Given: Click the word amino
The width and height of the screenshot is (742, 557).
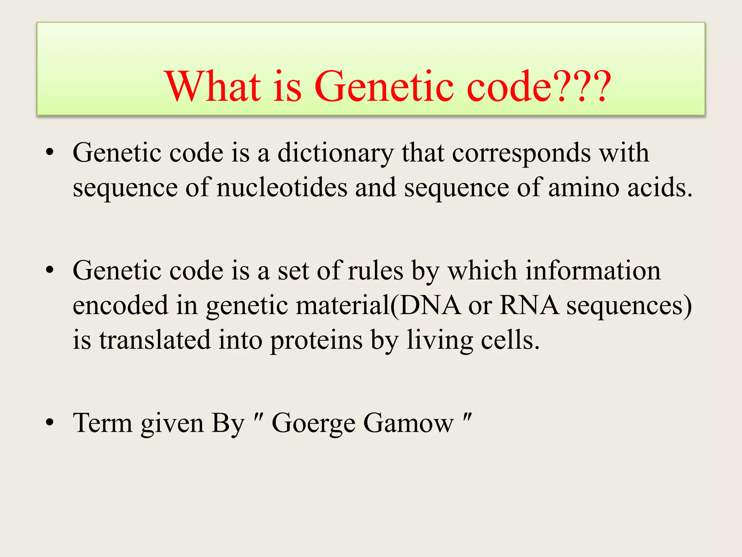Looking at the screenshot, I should [583, 187].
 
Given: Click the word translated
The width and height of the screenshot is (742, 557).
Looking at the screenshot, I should [155, 340].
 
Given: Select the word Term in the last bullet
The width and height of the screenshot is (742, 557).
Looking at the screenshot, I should [103, 423].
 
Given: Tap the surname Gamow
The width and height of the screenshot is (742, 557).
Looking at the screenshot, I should [408, 423].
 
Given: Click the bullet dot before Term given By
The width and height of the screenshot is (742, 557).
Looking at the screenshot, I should [50, 422].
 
